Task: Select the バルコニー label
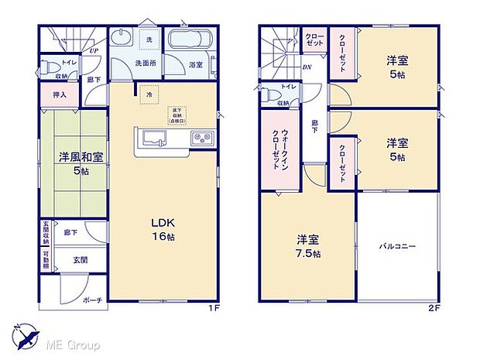click(x=397, y=246)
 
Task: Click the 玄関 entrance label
click(x=81, y=260)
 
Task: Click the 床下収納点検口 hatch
click(x=176, y=115)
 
